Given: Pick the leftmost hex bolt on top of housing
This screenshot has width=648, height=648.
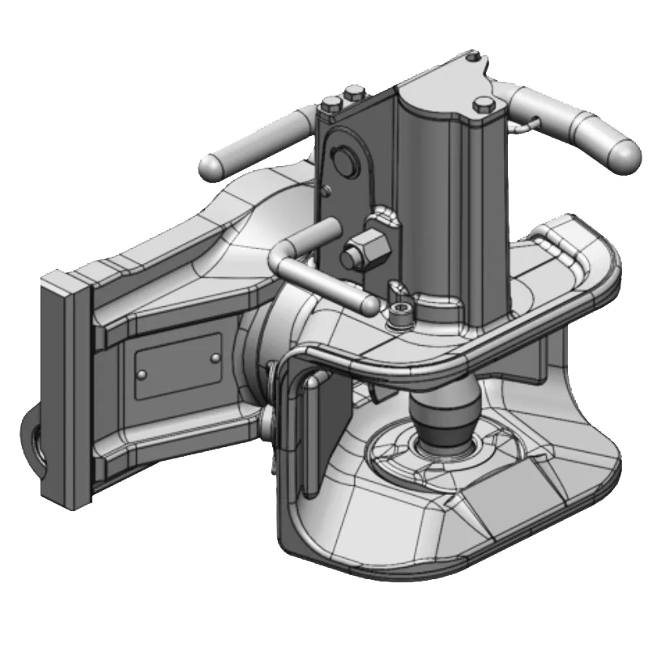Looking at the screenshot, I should click(x=330, y=104).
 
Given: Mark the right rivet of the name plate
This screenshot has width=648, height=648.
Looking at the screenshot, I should click(x=215, y=356).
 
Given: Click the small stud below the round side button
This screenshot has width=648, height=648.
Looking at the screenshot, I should click(x=326, y=191).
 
